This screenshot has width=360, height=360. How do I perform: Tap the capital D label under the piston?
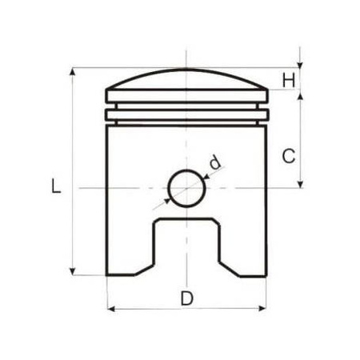(186, 298)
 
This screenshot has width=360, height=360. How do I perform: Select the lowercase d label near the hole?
(214, 162)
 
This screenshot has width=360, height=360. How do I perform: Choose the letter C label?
(290, 156)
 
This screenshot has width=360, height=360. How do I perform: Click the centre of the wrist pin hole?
(186, 189)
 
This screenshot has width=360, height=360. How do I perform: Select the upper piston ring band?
(186, 102)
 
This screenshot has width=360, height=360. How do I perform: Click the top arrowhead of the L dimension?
(74, 73)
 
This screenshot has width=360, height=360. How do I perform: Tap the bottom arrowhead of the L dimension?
(74, 271)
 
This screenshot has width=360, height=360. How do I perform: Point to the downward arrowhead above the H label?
(300, 65)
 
